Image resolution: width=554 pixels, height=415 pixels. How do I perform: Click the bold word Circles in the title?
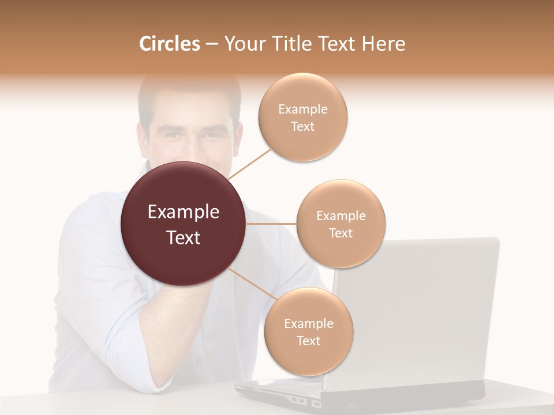169,44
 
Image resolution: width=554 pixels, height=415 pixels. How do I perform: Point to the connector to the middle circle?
271,224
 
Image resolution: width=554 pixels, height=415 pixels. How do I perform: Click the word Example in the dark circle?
183,212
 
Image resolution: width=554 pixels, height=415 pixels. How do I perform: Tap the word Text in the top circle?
303,127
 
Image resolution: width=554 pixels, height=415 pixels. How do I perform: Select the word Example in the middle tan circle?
341,216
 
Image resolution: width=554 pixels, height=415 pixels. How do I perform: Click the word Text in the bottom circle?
309,341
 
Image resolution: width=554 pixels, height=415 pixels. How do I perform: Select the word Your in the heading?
241,44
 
